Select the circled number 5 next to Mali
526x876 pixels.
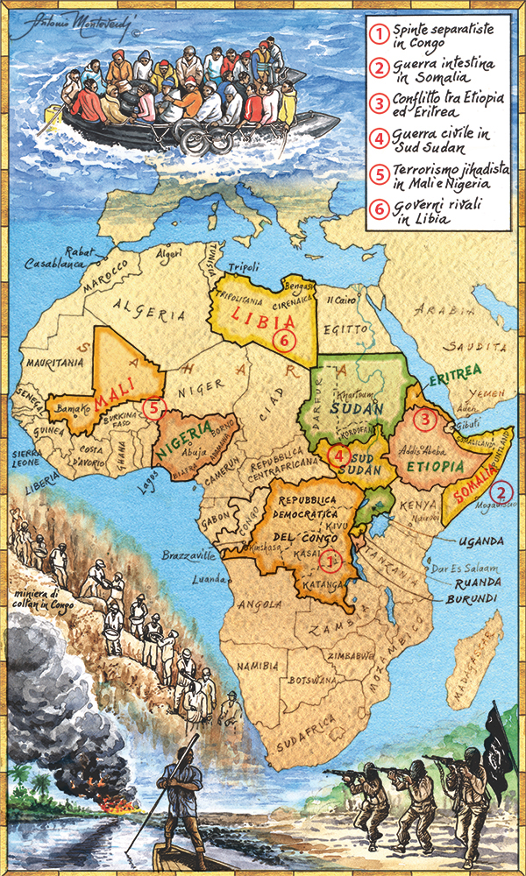[x=155, y=407]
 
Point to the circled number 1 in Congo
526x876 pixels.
[x=330, y=557]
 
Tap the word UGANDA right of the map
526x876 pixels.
[x=480, y=541]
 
